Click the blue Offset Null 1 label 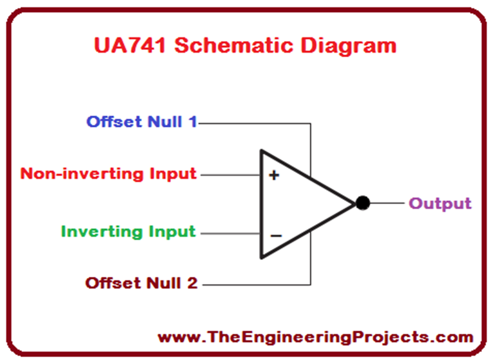coord(142,122)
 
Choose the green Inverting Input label coord(129,232)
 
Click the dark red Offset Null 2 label coord(142,283)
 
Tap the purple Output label coord(440,203)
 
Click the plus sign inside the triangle coord(274,175)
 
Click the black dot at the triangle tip coord(363,203)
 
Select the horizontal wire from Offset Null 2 coord(255,285)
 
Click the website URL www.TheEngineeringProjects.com coord(315,337)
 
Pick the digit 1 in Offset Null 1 coord(193,122)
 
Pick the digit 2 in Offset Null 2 coord(192,283)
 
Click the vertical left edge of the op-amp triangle coord(261,204)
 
